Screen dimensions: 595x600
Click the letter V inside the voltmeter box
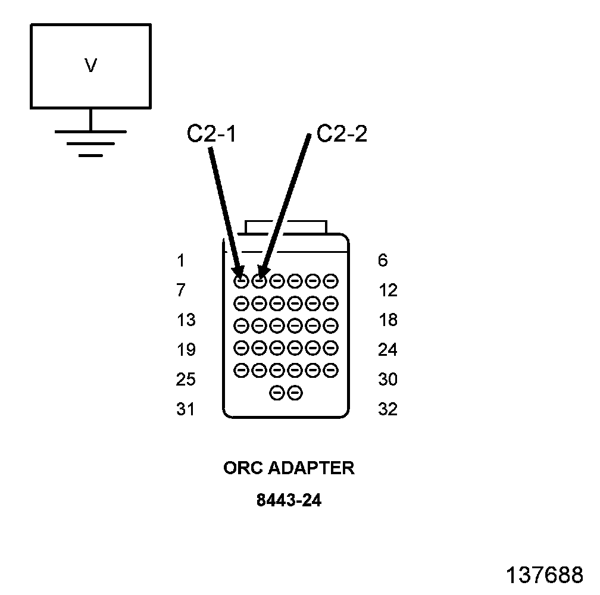click(x=90, y=66)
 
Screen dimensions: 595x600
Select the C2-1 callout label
click(x=211, y=134)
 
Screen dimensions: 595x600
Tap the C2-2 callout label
click(x=342, y=134)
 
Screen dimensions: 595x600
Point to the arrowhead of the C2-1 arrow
click(x=239, y=274)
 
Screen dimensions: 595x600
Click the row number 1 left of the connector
click(x=180, y=261)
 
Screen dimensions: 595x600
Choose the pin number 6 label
click(x=383, y=261)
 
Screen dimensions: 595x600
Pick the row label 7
click(x=180, y=290)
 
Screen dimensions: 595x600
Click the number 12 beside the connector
click(x=387, y=290)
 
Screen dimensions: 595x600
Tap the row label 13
click(x=186, y=320)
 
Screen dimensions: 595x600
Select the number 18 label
click(x=387, y=320)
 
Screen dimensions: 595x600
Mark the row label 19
click(x=186, y=349)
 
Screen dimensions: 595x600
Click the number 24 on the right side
click(x=387, y=349)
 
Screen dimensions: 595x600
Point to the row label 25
click(x=186, y=379)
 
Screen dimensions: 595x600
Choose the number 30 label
click(x=387, y=379)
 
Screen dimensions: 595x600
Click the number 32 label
click(x=387, y=409)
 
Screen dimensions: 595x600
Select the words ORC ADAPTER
click(x=289, y=468)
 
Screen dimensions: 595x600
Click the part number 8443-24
click(x=289, y=500)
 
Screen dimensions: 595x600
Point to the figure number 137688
click(x=544, y=575)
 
